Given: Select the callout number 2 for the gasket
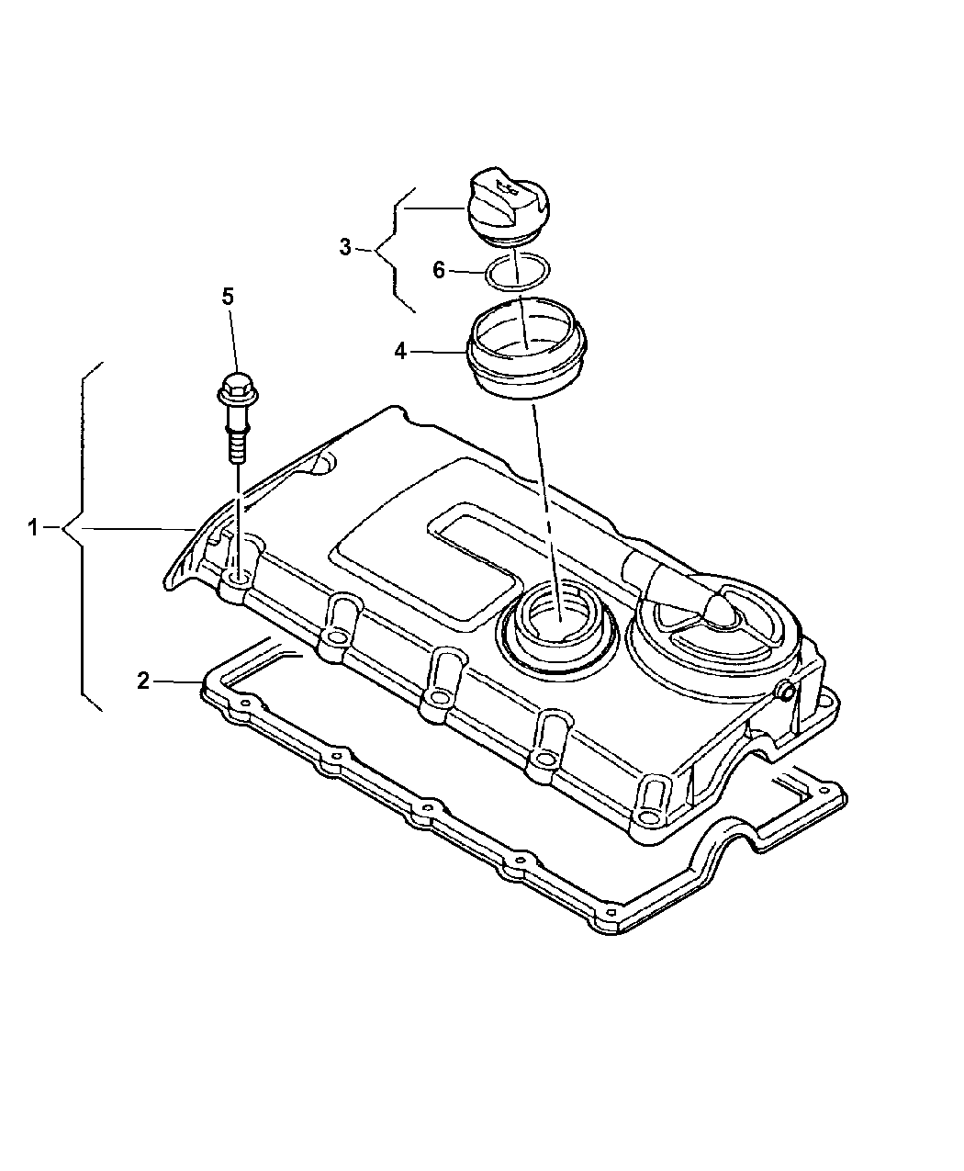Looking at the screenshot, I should [142, 681].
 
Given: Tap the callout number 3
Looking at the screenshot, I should [345, 247].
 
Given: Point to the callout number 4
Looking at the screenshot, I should [400, 351].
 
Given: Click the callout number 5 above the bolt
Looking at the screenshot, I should [228, 296].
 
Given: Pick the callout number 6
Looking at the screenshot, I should [439, 270].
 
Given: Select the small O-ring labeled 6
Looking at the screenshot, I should [517, 272].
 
